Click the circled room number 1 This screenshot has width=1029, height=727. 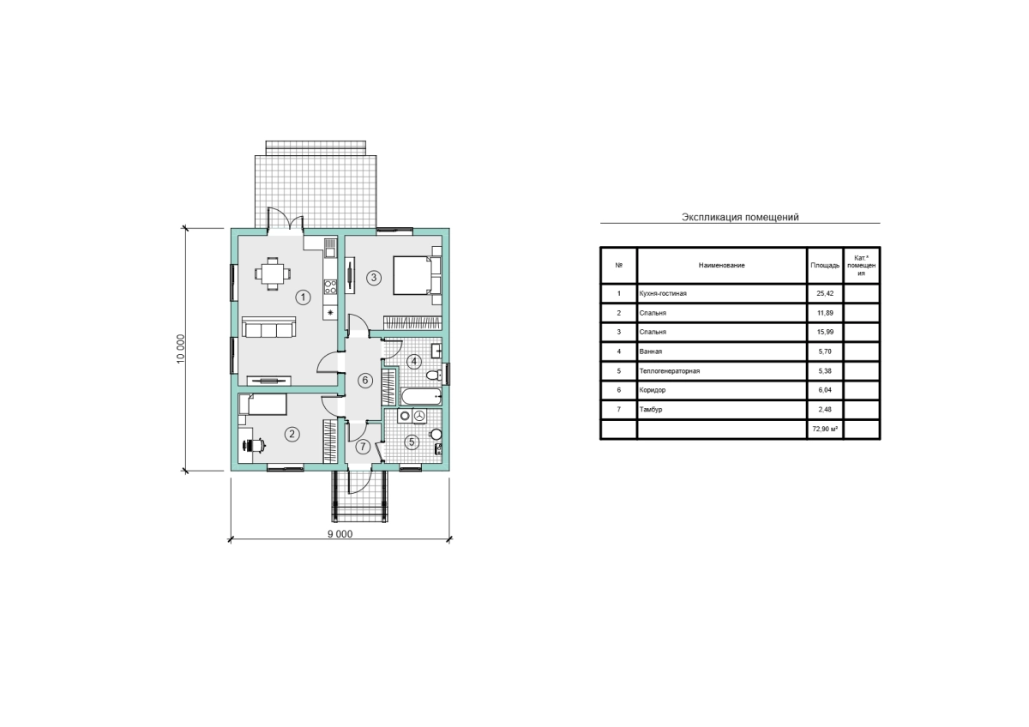[x=303, y=297]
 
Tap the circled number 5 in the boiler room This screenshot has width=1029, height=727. [x=412, y=442]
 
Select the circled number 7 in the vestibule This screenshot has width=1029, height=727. [x=363, y=447]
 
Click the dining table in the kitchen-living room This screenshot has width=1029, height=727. [x=273, y=274]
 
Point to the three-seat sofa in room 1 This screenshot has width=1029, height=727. [x=268, y=327]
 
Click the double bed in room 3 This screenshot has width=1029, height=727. [x=417, y=275]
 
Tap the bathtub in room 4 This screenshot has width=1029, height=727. [x=422, y=396]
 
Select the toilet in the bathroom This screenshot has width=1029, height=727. [x=434, y=376]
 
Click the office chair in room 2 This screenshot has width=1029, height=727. [x=254, y=445]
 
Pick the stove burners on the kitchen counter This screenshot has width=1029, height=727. [x=330, y=287]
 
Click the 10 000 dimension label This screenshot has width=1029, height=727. [x=181, y=349]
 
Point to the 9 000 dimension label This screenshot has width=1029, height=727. [x=340, y=533]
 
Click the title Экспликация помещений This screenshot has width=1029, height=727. [x=740, y=217]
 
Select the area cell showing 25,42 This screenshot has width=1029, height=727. [x=825, y=293]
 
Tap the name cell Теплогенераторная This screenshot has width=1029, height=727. [x=670, y=371]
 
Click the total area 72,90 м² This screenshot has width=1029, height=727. [x=825, y=429]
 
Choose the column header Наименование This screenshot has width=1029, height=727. [x=722, y=266]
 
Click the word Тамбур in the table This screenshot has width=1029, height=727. [x=651, y=410]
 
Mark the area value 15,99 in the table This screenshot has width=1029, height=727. [x=825, y=332]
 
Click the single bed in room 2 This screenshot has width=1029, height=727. [x=262, y=405]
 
